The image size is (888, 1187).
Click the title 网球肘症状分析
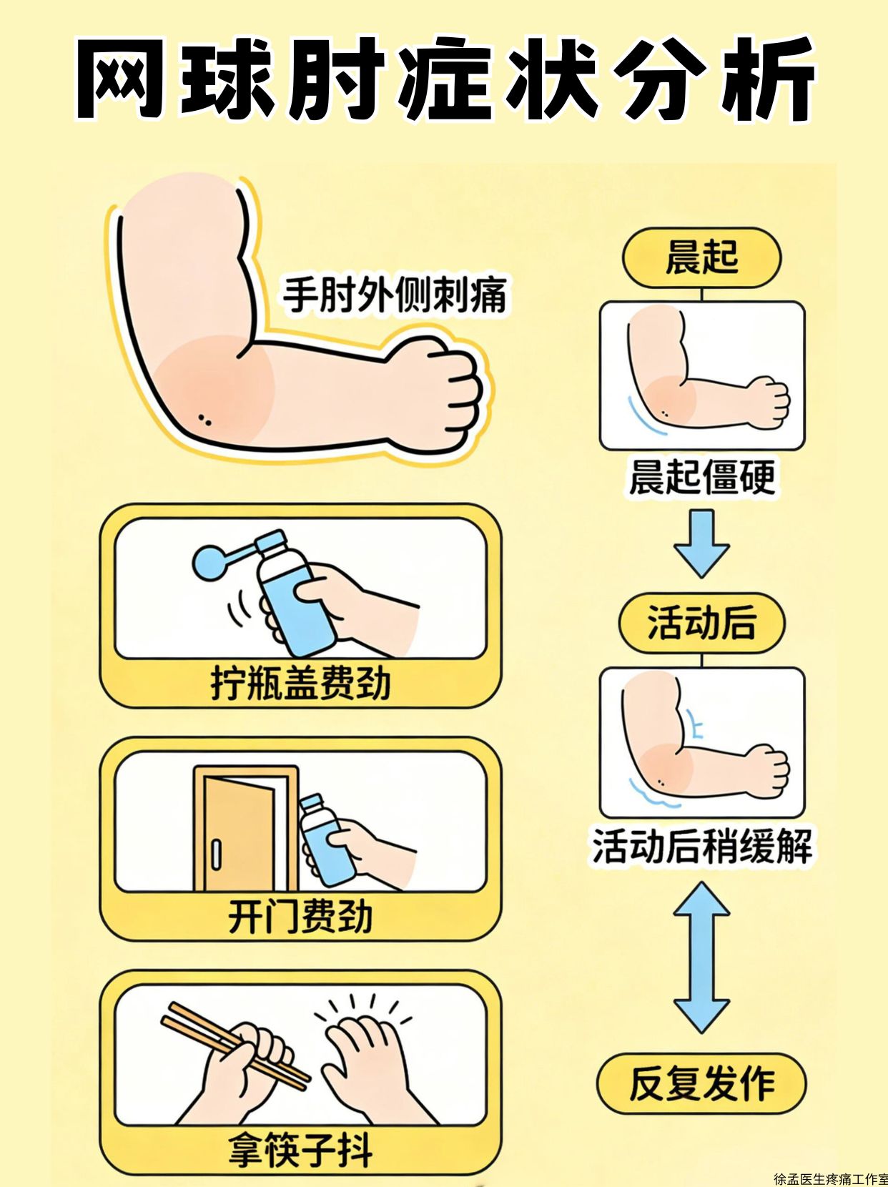pos(444,79)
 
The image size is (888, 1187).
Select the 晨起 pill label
pos(701,257)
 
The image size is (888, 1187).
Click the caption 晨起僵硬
pos(702,477)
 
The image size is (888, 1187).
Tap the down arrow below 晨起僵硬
pos(701,543)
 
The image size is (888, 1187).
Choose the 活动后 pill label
pos(701,623)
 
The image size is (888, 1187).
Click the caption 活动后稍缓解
pos(702,846)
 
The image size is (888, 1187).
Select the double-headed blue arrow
pos(701,957)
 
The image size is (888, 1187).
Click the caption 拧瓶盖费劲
pos(300,684)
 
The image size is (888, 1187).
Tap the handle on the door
pos(216,854)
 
